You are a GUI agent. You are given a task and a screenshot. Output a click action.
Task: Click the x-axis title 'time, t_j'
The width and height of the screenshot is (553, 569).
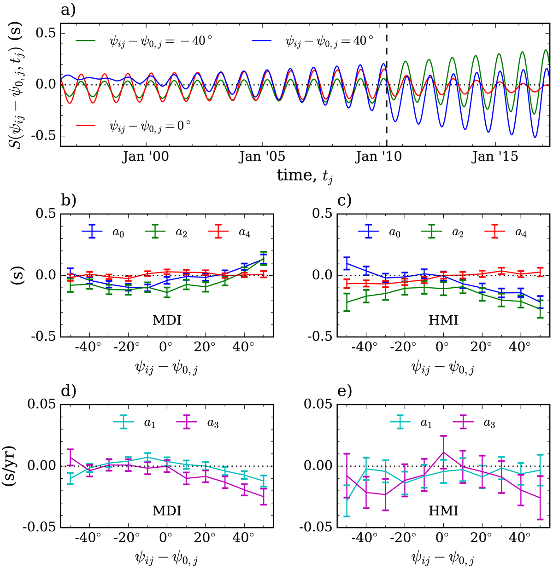[305, 175]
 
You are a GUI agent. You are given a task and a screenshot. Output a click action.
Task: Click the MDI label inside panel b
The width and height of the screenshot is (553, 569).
[166, 319]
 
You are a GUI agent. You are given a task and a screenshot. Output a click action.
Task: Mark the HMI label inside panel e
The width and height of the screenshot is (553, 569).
[443, 510]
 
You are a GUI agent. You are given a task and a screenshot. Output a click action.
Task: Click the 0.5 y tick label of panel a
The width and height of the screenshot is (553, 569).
[46, 34]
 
